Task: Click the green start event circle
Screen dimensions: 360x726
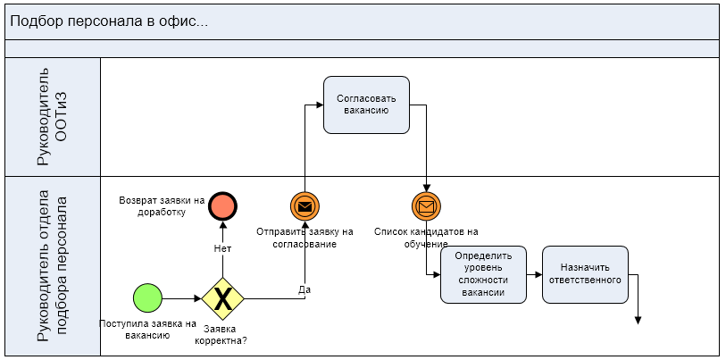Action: point(147,298)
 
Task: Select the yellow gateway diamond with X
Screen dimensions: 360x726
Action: point(222,298)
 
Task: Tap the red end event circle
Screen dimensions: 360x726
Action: point(222,206)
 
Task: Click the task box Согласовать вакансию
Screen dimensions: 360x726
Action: point(366,105)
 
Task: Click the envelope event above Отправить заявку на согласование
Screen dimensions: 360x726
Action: point(305,206)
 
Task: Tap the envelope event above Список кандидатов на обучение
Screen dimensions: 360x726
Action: point(426,206)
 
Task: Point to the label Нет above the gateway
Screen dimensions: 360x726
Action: point(222,248)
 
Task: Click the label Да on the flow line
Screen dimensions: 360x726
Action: point(305,289)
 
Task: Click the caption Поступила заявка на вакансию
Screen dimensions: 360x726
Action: point(147,329)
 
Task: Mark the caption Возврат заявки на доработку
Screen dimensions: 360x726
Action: point(162,206)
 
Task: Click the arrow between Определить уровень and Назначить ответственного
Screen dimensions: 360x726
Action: point(534,273)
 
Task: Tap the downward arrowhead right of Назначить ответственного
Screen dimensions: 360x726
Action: point(639,319)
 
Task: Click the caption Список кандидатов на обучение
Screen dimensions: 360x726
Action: point(426,238)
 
